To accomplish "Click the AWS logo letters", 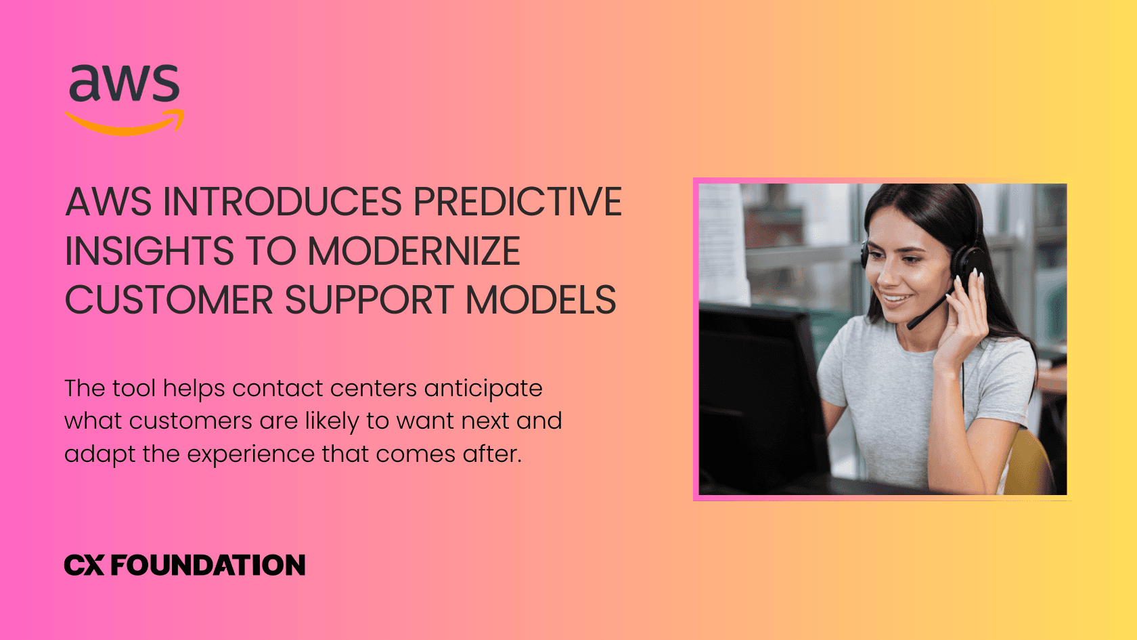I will (125, 84).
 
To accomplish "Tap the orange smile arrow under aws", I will (125, 125).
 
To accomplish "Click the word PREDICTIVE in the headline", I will (517, 202).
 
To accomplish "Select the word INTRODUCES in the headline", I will (283, 202).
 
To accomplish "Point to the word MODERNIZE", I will (414, 251).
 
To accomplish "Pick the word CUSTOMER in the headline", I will (169, 300).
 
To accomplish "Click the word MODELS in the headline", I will (541, 300).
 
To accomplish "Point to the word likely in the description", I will (332, 421).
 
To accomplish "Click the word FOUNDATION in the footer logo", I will (208, 566).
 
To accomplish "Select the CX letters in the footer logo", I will (84, 566).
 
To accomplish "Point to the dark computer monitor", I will (758, 393).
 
